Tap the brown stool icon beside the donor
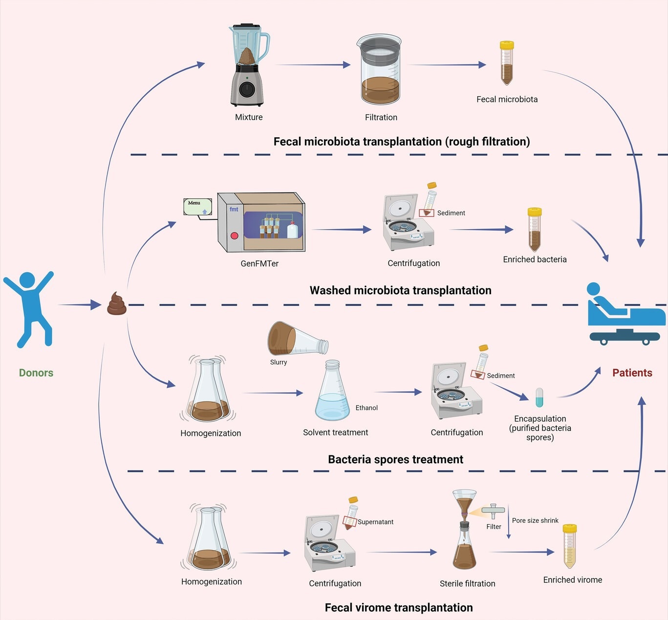[x=117, y=304]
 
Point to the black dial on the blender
[x=247, y=89]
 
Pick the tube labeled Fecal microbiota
[x=507, y=64]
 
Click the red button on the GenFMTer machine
[x=234, y=235]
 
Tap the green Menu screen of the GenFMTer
[x=197, y=207]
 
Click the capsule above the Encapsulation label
[x=539, y=397]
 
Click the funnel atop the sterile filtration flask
[x=464, y=503]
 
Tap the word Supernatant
[x=375, y=522]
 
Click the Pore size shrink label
[x=535, y=520]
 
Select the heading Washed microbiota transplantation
[x=400, y=290]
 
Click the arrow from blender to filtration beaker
[x=313, y=64]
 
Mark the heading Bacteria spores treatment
[x=395, y=459]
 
